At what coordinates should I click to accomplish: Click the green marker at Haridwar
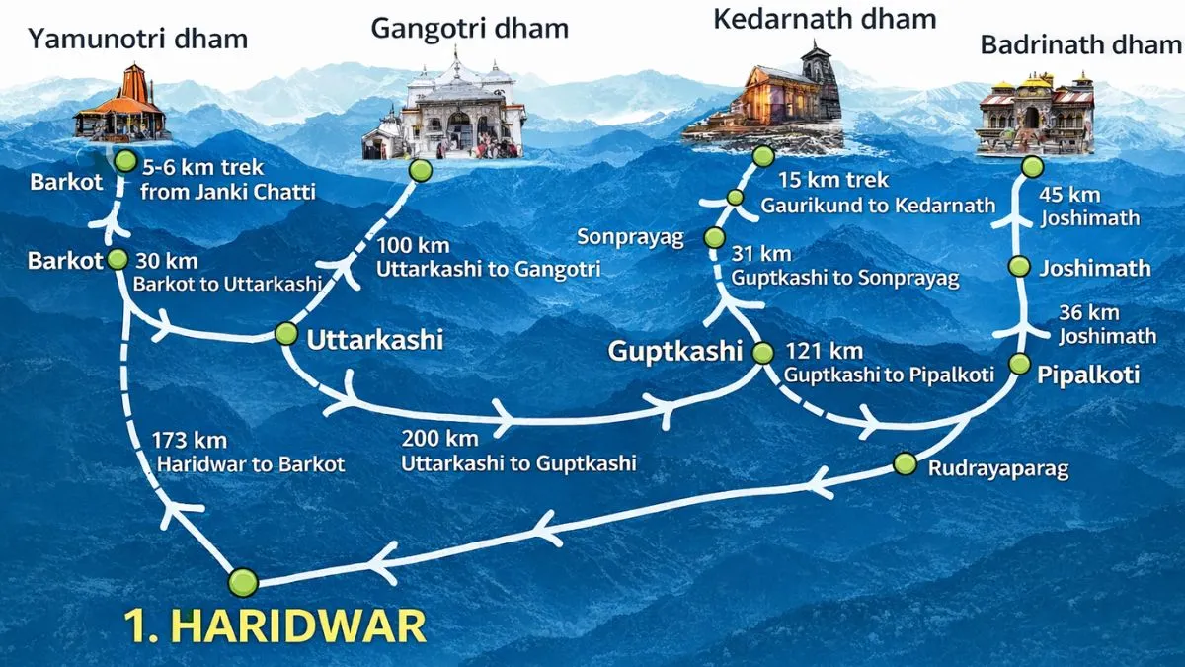(x=242, y=582)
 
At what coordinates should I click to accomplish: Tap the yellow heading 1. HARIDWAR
(x=276, y=626)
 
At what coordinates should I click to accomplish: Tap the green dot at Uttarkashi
(x=286, y=334)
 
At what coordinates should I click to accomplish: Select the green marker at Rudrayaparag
(x=905, y=463)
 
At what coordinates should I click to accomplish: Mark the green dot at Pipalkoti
(x=1020, y=364)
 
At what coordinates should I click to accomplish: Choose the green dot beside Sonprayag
(x=714, y=238)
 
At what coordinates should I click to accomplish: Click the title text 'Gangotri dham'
(x=469, y=27)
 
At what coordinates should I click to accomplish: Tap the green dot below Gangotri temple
(x=422, y=170)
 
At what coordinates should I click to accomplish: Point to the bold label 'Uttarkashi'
(x=375, y=339)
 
